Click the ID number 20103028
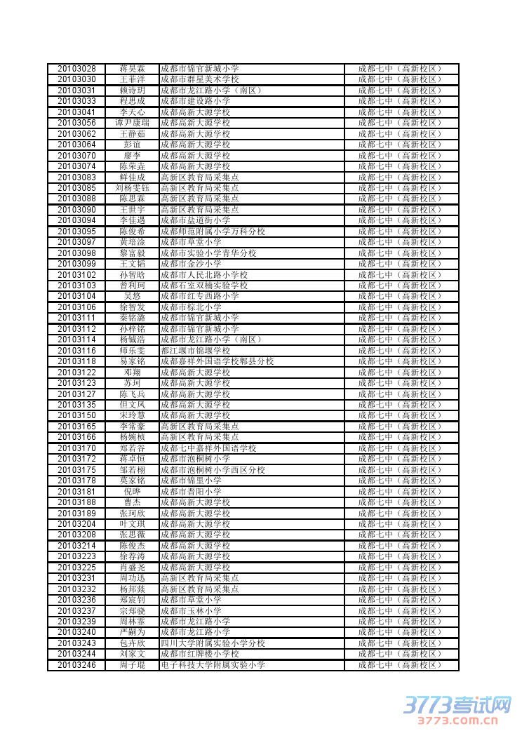[x=76, y=69]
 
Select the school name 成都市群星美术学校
[x=199, y=79]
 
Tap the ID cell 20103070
[x=76, y=155]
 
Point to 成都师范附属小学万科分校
[x=213, y=231]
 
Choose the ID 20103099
[x=76, y=264]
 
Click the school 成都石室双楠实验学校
[x=204, y=286]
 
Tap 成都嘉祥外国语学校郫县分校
[x=217, y=361]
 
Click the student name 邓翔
[x=132, y=372]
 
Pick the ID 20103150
[x=76, y=415]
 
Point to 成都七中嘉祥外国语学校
[x=208, y=448]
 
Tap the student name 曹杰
[x=132, y=502]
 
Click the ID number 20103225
[x=76, y=567]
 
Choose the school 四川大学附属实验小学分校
[x=213, y=643]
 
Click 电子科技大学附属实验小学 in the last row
[x=213, y=664]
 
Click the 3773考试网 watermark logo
[x=457, y=704]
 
